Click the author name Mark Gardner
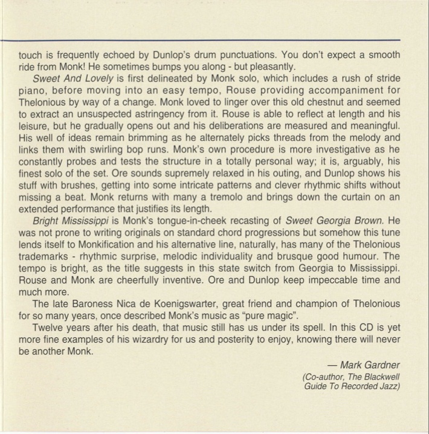pos(370,364)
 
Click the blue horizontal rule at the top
pos(214,40)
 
